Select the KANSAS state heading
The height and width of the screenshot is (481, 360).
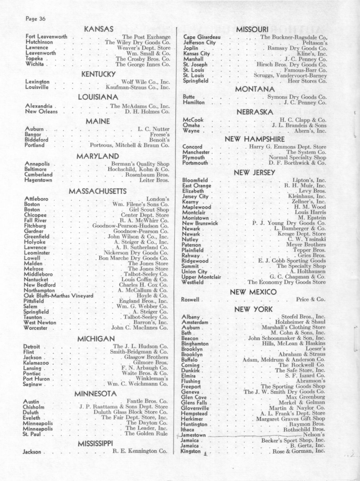99,29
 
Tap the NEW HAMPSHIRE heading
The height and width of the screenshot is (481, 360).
255,139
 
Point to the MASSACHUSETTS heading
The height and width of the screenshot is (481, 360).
98,191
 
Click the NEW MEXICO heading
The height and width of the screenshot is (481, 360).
253,292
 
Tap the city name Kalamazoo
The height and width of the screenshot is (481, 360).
36,363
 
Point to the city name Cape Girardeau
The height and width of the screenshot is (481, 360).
202,37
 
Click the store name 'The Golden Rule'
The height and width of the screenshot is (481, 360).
146,433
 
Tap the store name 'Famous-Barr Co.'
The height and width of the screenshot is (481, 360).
305,70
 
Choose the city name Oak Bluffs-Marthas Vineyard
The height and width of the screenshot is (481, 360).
59,296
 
